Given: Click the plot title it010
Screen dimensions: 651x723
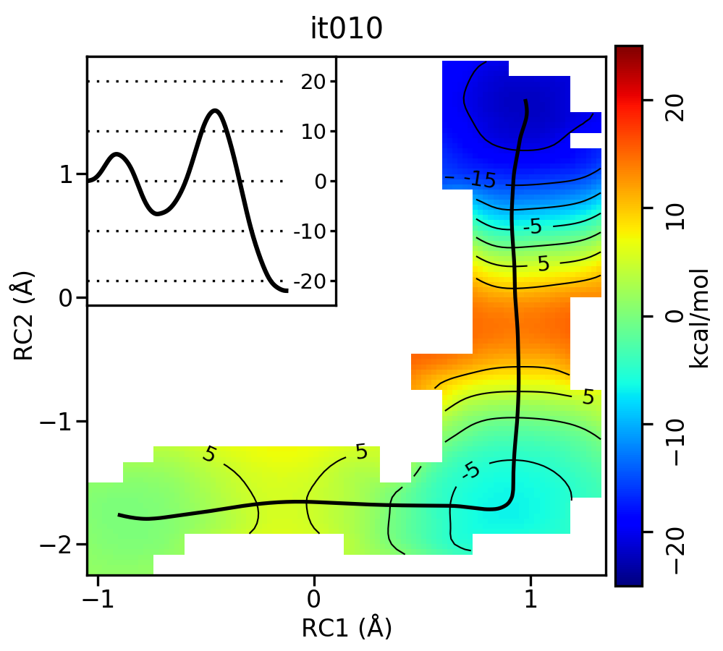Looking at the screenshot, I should click(346, 29).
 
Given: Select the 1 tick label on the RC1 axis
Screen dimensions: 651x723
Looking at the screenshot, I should click(530, 600).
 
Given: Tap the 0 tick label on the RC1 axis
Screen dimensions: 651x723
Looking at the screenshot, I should click(313, 600).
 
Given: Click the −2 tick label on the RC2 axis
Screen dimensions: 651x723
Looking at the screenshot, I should click(59, 544).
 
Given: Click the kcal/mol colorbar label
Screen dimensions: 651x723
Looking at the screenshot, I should click(699, 316).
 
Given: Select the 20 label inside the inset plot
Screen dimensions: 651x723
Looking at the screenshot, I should click(313, 82).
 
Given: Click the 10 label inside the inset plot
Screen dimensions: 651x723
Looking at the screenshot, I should click(313, 132).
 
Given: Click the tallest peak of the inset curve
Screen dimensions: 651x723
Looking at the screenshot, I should click(215, 111).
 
